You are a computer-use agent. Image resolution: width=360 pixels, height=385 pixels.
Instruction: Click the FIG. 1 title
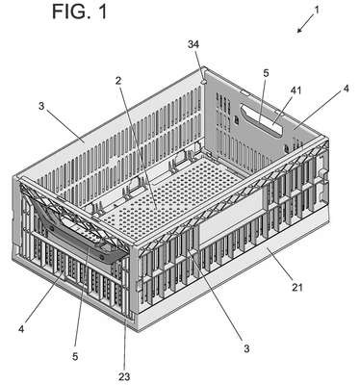tap(79, 13)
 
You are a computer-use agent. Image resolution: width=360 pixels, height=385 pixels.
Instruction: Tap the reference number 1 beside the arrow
tap(317, 10)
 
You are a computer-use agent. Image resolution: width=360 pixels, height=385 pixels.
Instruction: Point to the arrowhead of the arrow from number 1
tap(299, 31)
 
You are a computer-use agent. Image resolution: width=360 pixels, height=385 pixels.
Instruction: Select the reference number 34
tap(193, 44)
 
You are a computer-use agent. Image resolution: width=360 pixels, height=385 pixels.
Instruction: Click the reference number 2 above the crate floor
tap(118, 81)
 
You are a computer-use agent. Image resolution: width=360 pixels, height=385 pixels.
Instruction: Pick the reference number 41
tap(296, 90)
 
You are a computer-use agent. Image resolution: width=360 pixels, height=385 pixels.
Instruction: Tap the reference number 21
tap(296, 287)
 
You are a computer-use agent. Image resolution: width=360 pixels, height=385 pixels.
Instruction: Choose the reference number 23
tap(124, 377)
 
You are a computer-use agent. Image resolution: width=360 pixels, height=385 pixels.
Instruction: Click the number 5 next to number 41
tap(266, 73)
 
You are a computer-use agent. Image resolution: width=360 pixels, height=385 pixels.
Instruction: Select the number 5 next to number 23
tap(75, 357)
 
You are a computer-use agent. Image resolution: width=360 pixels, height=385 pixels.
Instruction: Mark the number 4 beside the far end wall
tap(346, 89)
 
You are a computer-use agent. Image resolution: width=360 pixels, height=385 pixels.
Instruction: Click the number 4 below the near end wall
tap(21, 329)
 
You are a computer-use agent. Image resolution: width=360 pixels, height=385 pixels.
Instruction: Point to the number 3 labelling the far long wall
tap(41, 106)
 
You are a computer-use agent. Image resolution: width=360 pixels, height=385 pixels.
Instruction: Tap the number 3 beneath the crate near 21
tap(246, 348)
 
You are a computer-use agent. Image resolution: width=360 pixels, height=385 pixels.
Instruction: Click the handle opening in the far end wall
tap(262, 121)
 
